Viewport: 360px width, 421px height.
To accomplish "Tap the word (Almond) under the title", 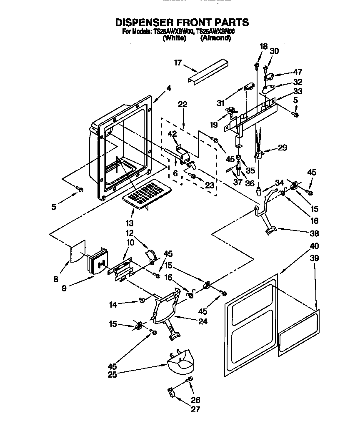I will [x=215, y=38].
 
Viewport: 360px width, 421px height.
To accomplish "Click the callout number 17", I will [x=178, y=63].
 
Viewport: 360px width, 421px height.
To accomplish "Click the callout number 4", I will [x=169, y=88].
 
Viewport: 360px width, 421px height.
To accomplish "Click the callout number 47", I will [x=297, y=72].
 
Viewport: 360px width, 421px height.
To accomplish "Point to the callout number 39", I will [x=314, y=258].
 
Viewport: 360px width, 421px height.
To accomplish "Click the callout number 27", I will [x=195, y=409].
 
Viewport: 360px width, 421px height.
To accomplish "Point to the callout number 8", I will [x=56, y=279].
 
